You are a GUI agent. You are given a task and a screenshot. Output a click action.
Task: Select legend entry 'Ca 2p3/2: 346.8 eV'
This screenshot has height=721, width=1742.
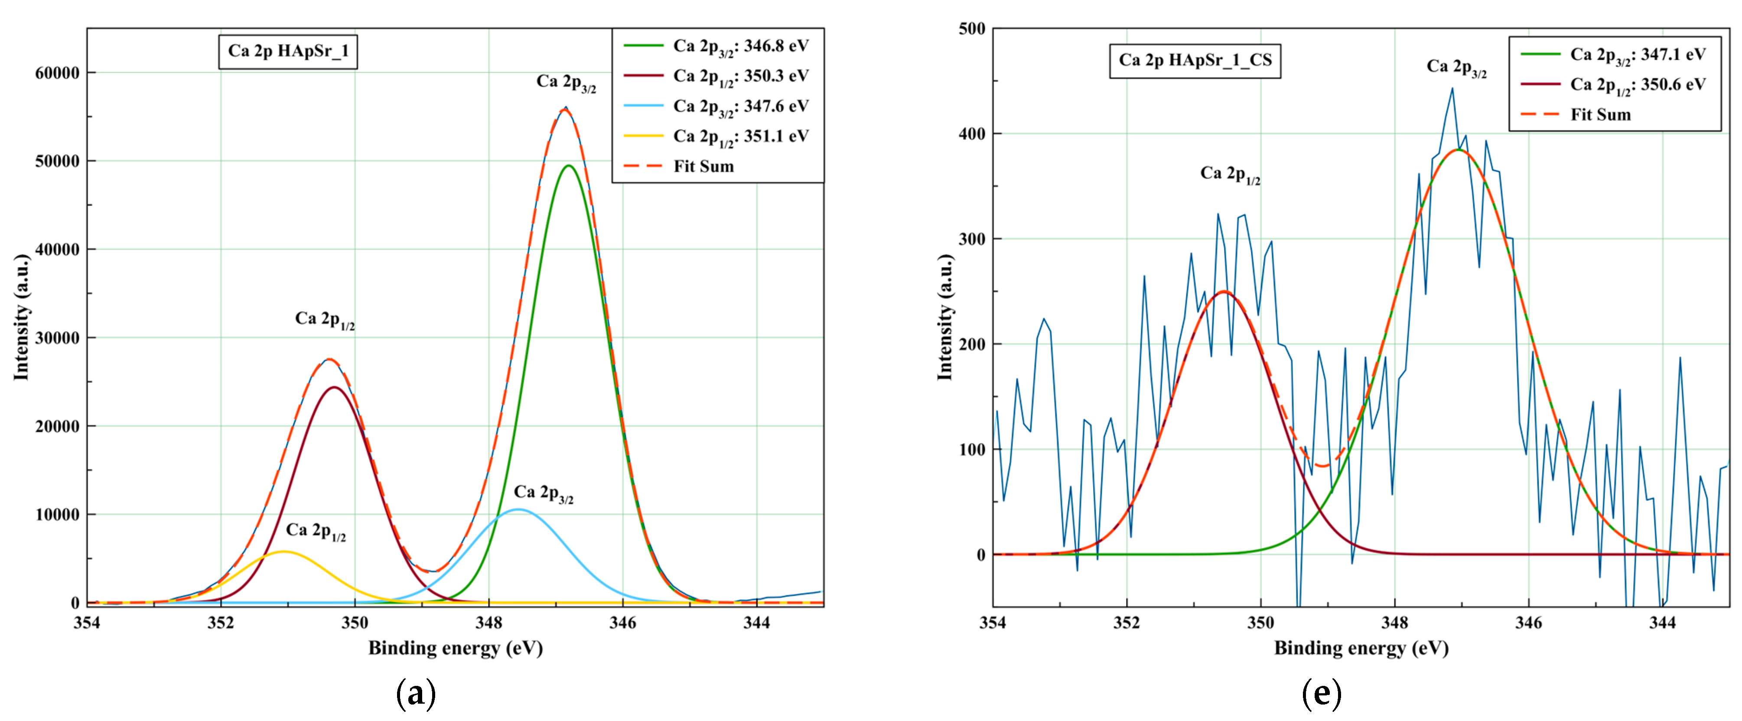click(740, 46)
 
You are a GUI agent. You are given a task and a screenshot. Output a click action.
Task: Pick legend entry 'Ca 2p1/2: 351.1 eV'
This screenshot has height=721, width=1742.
click(740, 137)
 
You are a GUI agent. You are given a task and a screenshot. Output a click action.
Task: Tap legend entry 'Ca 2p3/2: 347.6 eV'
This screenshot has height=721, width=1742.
click(740, 106)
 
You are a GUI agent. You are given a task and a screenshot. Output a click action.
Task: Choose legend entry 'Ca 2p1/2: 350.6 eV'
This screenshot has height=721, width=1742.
click(1637, 85)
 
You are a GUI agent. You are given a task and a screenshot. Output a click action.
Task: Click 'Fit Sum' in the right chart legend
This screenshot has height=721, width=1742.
click(1600, 115)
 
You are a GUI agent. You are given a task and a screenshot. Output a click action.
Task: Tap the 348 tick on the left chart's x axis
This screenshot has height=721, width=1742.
click(488, 623)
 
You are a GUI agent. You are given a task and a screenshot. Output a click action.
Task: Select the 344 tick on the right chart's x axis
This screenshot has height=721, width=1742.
click(1662, 623)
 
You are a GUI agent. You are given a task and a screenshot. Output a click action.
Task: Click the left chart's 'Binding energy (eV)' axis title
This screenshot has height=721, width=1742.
click(455, 648)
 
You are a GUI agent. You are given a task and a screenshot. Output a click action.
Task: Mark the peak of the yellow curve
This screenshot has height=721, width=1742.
click(285, 552)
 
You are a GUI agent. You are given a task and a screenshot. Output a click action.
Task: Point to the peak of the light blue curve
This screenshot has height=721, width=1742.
click(518, 509)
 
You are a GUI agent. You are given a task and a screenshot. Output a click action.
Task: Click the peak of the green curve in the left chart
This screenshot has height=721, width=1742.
click(568, 166)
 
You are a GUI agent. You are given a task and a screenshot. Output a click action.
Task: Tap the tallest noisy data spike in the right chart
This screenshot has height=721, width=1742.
click(1452, 88)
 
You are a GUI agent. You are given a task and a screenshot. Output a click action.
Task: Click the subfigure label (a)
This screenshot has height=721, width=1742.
click(415, 694)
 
